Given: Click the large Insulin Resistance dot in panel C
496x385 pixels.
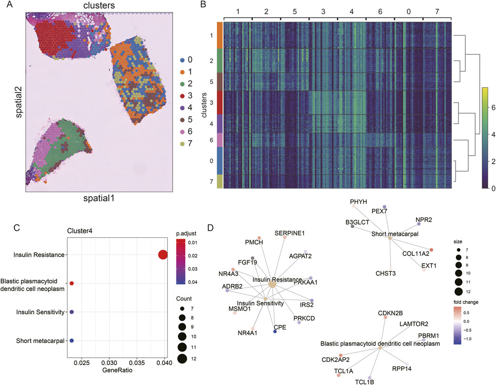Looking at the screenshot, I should pyautogui.click(x=163, y=255).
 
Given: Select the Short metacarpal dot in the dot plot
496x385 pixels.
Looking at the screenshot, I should pyautogui.click(x=72, y=341).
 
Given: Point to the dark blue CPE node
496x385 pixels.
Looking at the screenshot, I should pyautogui.click(x=275, y=332).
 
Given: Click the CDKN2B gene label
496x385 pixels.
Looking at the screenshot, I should pyautogui.click(x=389, y=313).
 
